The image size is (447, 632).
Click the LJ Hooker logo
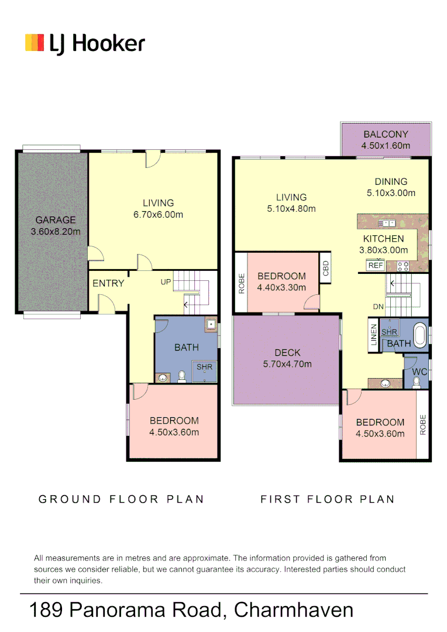click(x=85, y=44)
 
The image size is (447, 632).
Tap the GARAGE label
click(x=56, y=220)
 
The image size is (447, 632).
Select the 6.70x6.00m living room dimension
click(x=158, y=215)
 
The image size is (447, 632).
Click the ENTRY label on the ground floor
click(x=108, y=283)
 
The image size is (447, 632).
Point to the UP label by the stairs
click(x=166, y=282)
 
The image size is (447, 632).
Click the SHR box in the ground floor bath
click(x=204, y=367)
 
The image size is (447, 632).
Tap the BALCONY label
click(x=386, y=134)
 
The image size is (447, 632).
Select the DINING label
click(x=391, y=181)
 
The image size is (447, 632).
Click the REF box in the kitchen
click(x=374, y=265)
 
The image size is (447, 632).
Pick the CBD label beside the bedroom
click(x=326, y=269)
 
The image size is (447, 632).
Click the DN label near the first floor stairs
click(x=379, y=307)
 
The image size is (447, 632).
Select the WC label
click(x=419, y=372)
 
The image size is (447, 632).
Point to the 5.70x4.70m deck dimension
click(x=287, y=364)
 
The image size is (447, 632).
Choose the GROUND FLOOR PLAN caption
click(x=121, y=499)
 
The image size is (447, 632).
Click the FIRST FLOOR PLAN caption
click(x=328, y=499)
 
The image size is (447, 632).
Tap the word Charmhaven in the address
click(x=293, y=610)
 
